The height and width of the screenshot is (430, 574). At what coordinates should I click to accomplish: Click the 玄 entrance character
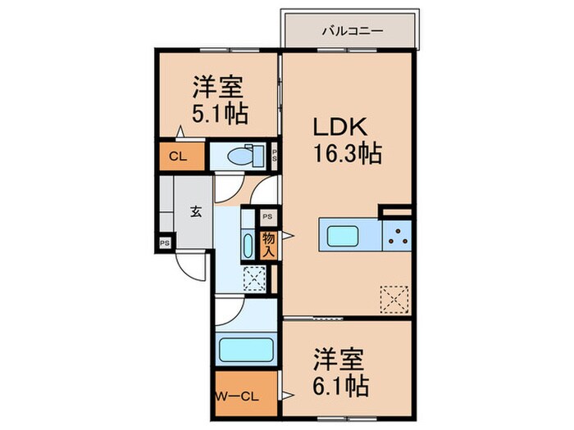[x=197, y=211]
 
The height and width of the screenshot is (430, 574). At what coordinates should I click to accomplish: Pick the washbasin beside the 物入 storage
[x=248, y=245]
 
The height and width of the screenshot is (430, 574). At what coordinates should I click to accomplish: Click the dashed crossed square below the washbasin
[x=253, y=279]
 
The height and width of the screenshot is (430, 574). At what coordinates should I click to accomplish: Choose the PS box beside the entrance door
[x=165, y=243]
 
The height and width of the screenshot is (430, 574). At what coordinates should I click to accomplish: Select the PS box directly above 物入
[x=268, y=217]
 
